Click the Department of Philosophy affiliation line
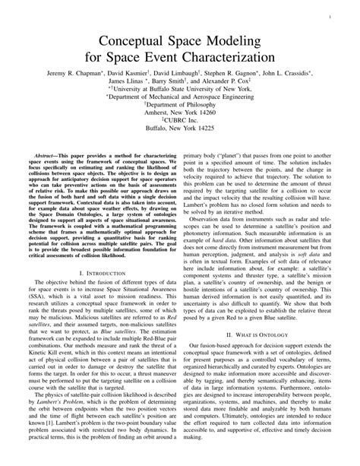click(180, 108)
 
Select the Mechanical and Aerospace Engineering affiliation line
click(180, 98)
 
